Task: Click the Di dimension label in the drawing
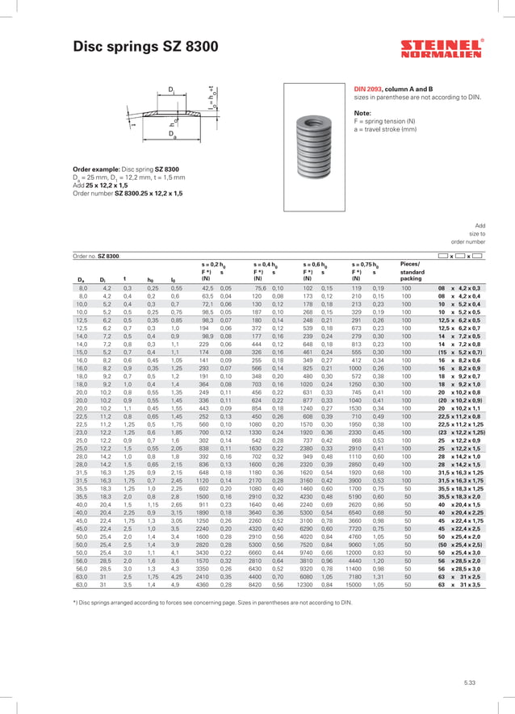click(171, 87)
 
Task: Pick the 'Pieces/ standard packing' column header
click(416, 272)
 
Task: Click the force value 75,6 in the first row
click(260, 287)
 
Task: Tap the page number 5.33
click(469, 683)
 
